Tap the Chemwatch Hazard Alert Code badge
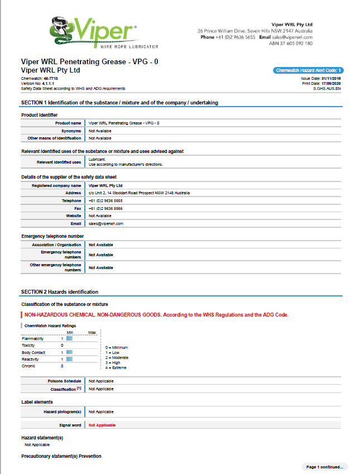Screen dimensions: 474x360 pyautogui.click(x=309, y=70)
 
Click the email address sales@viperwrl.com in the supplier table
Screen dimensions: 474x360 pyautogui.click(x=106, y=223)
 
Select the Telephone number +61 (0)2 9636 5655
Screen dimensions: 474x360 pyautogui.click(x=105, y=200)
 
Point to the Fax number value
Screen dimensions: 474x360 pyautogui.click(x=105, y=208)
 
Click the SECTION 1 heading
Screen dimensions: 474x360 pyautogui.click(x=119, y=103)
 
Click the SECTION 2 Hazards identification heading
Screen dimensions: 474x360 pyautogui.click(x=60, y=292)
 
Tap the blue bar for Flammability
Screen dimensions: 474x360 pyautogui.click(x=70, y=338)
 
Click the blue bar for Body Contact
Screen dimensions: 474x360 pyautogui.click(x=70, y=352)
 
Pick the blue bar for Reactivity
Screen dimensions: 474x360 pyautogui.click(x=70, y=359)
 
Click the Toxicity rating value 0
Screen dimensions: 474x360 pyautogui.click(x=62, y=346)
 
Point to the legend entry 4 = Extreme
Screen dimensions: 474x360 pyautogui.click(x=116, y=367)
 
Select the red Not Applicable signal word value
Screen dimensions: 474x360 pyautogui.click(x=103, y=425)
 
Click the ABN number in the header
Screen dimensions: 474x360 pyautogui.click(x=291, y=44)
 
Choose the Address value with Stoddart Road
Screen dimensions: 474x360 pyautogui.click(x=139, y=193)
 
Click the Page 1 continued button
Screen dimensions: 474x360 pyautogui.click(x=324, y=467)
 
